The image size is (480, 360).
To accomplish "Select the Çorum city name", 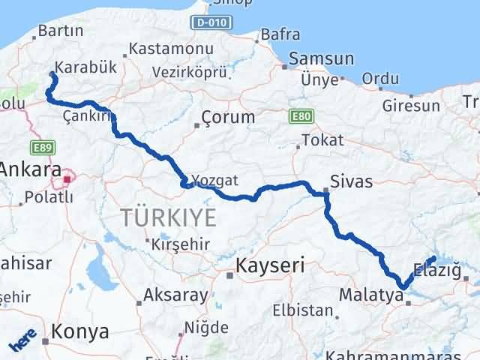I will [x=228, y=117].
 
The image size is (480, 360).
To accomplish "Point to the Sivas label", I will [x=357, y=181].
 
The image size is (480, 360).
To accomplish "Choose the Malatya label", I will [x=370, y=294].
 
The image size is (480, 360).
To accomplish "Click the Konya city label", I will [x=80, y=331].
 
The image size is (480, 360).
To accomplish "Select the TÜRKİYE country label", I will [x=169, y=218].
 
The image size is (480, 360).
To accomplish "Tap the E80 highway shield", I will [x=298, y=116].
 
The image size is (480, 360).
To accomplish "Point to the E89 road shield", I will [x=41, y=148].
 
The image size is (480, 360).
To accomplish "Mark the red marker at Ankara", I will [x=68, y=178].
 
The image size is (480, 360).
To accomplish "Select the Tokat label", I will [x=322, y=140].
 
